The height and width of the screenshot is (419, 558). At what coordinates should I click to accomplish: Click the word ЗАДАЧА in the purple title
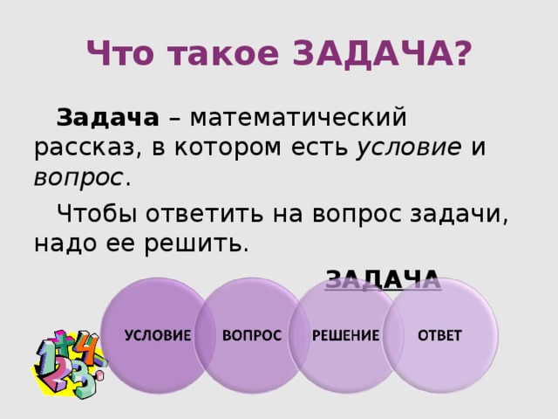click(x=373, y=53)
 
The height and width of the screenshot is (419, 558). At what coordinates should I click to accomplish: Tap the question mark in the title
click(x=463, y=53)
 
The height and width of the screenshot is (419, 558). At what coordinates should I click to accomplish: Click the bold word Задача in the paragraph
click(x=107, y=117)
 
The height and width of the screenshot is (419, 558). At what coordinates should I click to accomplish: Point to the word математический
click(x=298, y=117)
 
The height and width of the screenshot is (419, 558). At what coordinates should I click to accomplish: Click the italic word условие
click(x=409, y=147)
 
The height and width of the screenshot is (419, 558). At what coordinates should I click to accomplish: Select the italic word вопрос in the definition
click(x=78, y=178)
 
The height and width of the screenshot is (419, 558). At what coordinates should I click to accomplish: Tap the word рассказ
click(x=85, y=148)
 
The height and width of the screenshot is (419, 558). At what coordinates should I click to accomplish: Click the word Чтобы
click(x=97, y=214)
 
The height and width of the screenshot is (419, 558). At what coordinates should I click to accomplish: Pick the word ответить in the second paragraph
click(x=204, y=215)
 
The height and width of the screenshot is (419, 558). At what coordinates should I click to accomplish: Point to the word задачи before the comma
click(x=455, y=215)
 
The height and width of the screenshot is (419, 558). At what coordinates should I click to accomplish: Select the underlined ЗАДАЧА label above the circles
click(x=383, y=279)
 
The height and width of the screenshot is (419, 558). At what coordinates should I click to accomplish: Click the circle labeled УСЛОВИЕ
click(x=158, y=335)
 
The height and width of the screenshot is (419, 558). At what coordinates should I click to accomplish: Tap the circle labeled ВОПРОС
click(x=252, y=335)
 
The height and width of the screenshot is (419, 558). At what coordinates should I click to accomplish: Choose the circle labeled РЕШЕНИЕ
click(x=346, y=335)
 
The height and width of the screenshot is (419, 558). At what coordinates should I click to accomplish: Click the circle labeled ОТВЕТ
click(x=440, y=335)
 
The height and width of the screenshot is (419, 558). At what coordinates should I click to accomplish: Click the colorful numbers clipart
click(x=70, y=364)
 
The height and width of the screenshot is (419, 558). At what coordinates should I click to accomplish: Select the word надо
click(x=65, y=244)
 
